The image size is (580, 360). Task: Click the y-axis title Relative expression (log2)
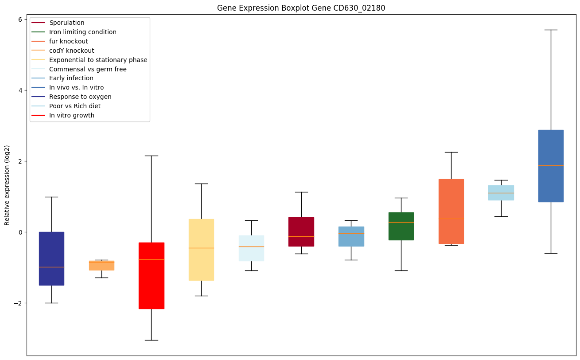(7, 185)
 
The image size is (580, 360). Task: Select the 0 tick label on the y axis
(20, 232)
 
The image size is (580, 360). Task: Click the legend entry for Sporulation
(67, 23)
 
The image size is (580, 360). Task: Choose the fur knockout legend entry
(69, 41)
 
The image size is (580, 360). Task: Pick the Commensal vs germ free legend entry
(88, 69)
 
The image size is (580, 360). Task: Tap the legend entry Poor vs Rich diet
(75, 106)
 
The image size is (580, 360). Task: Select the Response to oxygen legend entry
(80, 97)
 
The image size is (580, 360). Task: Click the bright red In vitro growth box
(152, 284)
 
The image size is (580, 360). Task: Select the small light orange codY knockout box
(101, 266)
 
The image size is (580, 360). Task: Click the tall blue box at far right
(551, 186)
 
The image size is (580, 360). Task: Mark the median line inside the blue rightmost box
(551, 165)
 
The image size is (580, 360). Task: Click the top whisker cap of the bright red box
(152, 156)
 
